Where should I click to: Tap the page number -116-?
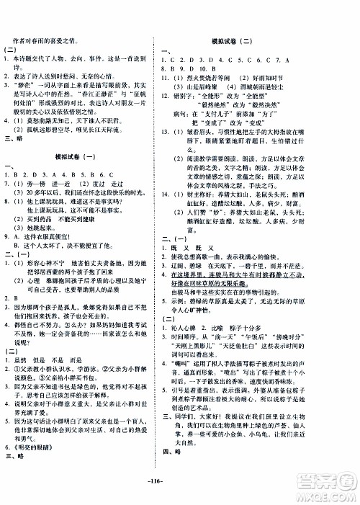(181, 489)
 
